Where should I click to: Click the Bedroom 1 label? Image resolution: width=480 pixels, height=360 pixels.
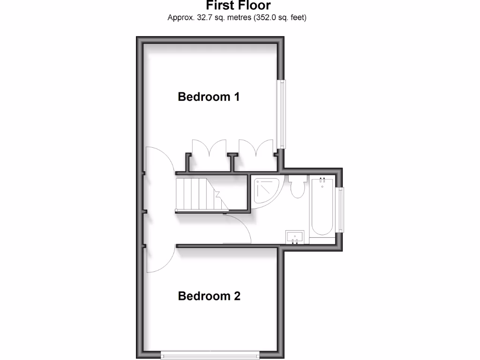click(209, 97)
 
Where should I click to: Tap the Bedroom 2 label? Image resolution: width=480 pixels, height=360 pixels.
click(209, 296)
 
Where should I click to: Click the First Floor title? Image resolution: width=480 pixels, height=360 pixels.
click(238, 6)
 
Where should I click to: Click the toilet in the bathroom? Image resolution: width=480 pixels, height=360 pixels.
click(297, 187)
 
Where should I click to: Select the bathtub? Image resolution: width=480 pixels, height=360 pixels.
click(322, 209)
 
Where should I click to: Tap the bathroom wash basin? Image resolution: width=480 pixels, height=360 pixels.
click(295, 237)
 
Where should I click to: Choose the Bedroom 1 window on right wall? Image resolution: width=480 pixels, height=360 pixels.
click(282, 114)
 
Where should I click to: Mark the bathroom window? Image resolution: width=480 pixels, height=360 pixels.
click(341, 210)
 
